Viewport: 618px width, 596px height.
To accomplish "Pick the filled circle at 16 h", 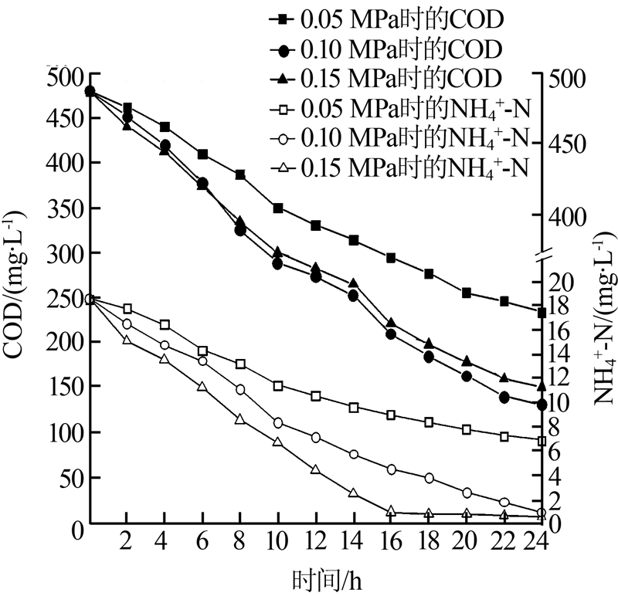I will click(x=391, y=334).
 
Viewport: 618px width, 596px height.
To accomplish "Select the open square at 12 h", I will click(x=316, y=396).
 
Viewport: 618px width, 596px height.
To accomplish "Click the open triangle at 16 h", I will click(x=391, y=511).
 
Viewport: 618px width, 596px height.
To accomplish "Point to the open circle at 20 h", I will click(x=467, y=493).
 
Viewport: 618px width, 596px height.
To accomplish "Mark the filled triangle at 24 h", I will click(x=542, y=385).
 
